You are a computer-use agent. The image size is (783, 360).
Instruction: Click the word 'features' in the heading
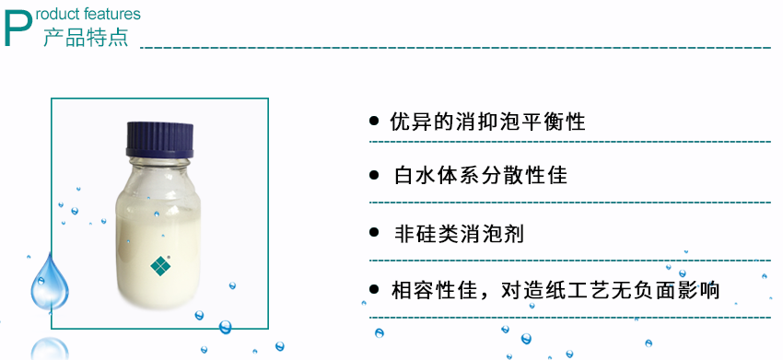(112, 14)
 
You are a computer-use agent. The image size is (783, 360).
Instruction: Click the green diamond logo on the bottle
(161, 265)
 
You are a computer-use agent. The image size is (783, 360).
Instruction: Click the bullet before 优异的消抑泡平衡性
(374, 122)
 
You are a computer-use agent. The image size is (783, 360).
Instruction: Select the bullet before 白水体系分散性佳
(374, 174)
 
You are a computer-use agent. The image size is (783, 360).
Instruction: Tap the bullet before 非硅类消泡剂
(374, 233)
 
